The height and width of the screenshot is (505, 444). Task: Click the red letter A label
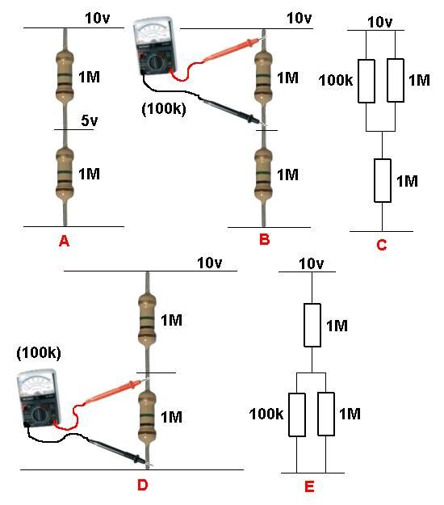(65, 241)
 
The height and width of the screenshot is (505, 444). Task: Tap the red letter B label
(265, 240)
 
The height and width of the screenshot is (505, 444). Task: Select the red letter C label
(382, 245)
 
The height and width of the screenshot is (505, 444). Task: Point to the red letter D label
(143, 485)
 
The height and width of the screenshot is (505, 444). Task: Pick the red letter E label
(309, 486)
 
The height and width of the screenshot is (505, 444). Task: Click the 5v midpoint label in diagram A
(89, 120)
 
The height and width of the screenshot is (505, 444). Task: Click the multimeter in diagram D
(39, 398)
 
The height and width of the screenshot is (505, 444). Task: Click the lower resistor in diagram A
(65, 173)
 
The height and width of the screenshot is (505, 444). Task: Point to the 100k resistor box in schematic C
(367, 81)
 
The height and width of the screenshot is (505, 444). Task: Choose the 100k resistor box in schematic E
(297, 415)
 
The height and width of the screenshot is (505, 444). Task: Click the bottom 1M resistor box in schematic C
(383, 181)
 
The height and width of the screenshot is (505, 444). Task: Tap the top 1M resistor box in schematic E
(312, 326)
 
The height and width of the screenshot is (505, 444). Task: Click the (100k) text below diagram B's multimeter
(164, 108)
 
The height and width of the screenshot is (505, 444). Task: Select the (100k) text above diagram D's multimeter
(39, 352)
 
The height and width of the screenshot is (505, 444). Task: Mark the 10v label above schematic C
(380, 23)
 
